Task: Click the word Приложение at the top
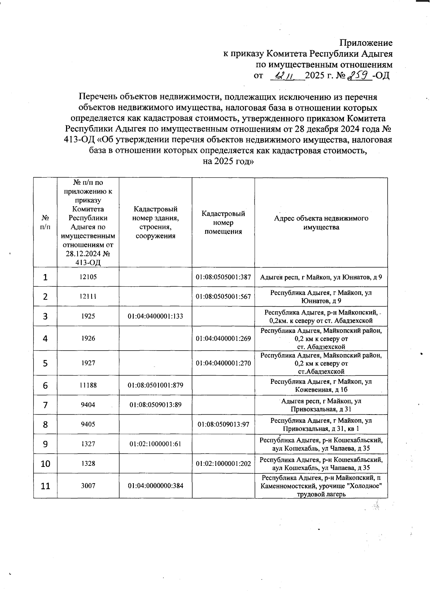click(x=366, y=43)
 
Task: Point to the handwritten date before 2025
click(x=284, y=76)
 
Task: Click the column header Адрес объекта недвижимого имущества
click(x=321, y=223)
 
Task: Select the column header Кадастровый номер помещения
click(x=223, y=223)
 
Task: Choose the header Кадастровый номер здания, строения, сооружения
click(x=155, y=222)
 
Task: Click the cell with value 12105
click(x=88, y=277)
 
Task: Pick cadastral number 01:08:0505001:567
click(x=223, y=296)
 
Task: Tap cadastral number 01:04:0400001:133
click(x=155, y=316)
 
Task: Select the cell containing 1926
click(x=88, y=338)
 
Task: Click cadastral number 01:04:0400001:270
click(x=223, y=363)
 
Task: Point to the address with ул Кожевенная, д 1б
click(x=321, y=385)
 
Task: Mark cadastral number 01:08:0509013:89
click(x=155, y=405)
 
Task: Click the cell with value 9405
click(x=88, y=424)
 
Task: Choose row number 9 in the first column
click(x=45, y=444)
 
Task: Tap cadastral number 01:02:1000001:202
click(x=223, y=464)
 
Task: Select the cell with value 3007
click(x=88, y=486)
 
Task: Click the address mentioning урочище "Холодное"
click(x=321, y=486)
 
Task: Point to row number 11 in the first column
click(x=45, y=486)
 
